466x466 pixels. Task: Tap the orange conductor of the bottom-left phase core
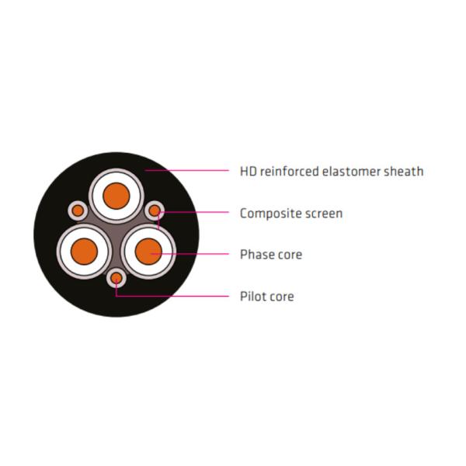click(x=83, y=252)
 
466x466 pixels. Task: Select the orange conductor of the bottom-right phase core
click(x=148, y=252)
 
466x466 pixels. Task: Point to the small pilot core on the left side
click(x=78, y=210)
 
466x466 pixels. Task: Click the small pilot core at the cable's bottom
click(x=116, y=277)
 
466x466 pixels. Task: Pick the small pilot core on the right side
click(x=155, y=210)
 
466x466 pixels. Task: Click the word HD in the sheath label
click(x=248, y=171)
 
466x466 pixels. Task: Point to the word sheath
click(x=404, y=171)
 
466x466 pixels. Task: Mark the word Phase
click(x=256, y=255)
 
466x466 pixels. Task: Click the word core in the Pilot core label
click(x=281, y=297)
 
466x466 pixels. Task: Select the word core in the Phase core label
click(x=288, y=255)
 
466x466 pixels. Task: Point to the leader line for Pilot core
click(x=179, y=296)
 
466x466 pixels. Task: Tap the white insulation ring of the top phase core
click(x=116, y=177)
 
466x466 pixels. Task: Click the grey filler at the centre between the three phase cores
click(x=116, y=233)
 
